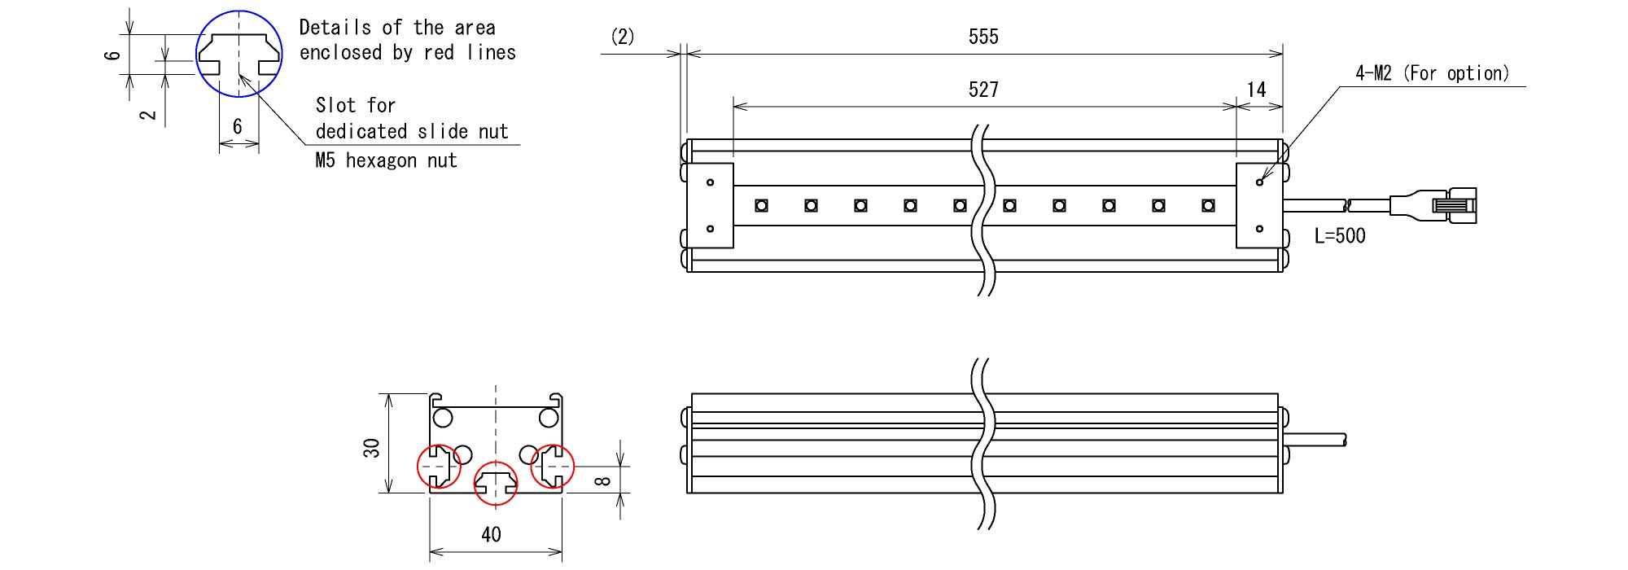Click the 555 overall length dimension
(983, 37)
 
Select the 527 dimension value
(983, 90)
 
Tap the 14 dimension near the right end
(1257, 90)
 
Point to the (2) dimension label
(623, 37)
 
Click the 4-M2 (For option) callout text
(1432, 73)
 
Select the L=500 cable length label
(1340, 236)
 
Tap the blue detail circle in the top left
(239, 54)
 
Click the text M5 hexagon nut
(386, 160)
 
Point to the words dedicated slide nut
(412, 131)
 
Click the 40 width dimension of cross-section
(491, 535)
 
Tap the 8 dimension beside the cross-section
(602, 480)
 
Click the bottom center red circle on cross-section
(495, 483)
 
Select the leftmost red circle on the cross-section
(439, 466)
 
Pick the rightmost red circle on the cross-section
(553, 467)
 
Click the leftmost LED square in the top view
(761, 205)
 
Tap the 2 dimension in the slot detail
(149, 114)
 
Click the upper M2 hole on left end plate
(710, 182)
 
